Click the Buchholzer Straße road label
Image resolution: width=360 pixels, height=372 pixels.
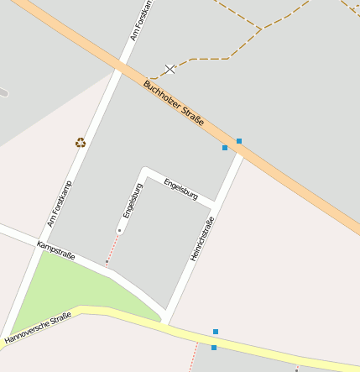pyautogui.click(x=174, y=103)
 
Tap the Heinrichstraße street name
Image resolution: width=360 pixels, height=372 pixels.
pyautogui.click(x=202, y=238)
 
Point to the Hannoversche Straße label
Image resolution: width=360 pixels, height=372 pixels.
pyautogui.click(x=38, y=328)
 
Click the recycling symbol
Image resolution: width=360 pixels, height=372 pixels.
pyautogui.click(x=81, y=143)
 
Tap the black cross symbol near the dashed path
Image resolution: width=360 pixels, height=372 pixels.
pyautogui.click(x=170, y=69)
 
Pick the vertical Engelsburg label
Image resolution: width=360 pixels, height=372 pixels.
pyautogui.click(x=129, y=201)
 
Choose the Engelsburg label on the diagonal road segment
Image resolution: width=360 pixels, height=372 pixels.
pyautogui.click(x=180, y=187)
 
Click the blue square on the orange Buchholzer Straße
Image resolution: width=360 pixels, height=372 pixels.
pyautogui.click(x=239, y=141)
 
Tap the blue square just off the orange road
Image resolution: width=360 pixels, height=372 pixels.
pyautogui.click(x=225, y=148)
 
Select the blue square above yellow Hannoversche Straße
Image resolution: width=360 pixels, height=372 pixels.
pyautogui.click(x=216, y=332)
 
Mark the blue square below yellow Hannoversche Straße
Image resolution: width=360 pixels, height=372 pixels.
pyautogui.click(x=214, y=348)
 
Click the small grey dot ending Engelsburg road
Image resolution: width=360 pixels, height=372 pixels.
pyautogui.click(x=119, y=230)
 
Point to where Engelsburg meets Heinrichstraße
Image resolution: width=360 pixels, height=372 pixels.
pyautogui.click(x=217, y=203)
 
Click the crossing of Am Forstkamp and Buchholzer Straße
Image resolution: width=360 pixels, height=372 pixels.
pyautogui.click(x=123, y=66)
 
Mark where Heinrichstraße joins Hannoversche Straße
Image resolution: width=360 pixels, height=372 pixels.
pyautogui.click(x=168, y=322)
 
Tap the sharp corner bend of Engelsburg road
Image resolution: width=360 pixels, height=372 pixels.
pyautogui.click(x=144, y=170)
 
